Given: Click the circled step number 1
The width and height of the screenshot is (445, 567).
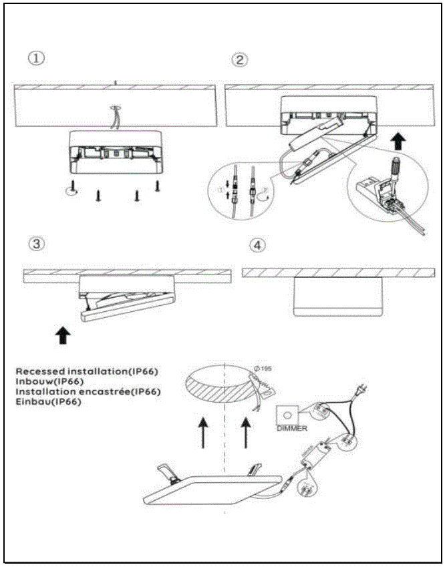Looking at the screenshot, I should pyautogui.click(x=36, y=59).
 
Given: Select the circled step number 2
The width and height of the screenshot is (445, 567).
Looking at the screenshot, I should pyautogui.click(x=239, y=60).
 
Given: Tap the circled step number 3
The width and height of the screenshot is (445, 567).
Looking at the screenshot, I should pyautogui.click(x=37, y=244).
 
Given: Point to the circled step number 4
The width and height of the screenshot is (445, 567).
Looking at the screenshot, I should pyautogui.click(x=256, y=246).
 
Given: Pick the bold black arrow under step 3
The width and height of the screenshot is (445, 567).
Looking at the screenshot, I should pyautogui.click(x=63, y=335).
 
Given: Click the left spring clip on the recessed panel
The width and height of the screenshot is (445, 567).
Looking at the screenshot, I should pyautogui.click(x=168, y=473).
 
